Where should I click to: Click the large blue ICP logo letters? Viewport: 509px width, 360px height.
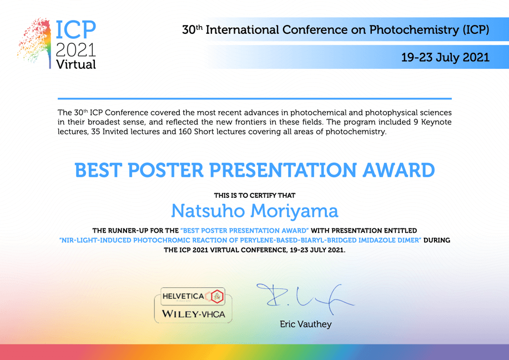pos(75,30)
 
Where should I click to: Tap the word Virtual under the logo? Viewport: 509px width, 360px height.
pos(76,64)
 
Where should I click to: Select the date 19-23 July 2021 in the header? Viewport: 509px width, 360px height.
pos(445,58)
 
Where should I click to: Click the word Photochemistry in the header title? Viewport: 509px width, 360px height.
pos(414,30)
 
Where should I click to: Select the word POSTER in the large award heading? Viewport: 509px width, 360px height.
pos(165,170)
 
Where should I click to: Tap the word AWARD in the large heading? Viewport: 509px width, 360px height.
pos(399,170)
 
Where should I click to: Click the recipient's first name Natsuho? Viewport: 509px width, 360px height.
pos(208,211)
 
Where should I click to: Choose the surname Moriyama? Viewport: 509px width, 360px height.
pos(294,212)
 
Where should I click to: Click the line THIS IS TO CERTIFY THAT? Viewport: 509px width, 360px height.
pos(254,195)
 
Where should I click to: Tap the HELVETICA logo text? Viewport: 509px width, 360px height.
pos(183,296)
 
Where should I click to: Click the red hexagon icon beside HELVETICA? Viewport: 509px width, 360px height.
pos(217,296)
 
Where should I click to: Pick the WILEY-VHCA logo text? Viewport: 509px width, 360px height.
pos(194,314)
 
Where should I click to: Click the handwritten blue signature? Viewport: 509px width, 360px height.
pos(305,298)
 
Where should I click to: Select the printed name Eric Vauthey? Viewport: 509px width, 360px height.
pos(306,324)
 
